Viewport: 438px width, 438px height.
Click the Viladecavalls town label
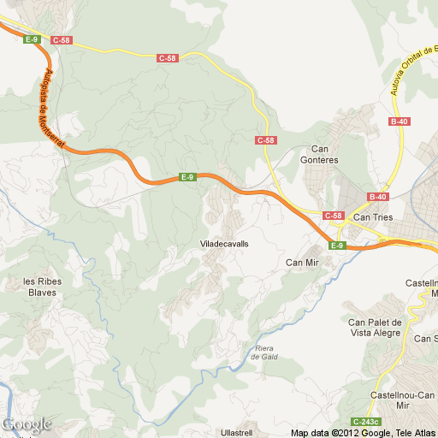(223, 244)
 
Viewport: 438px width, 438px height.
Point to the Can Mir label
(301, 262)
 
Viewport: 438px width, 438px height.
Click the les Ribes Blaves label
(40, 287)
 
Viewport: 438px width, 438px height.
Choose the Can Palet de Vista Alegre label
(374, 327)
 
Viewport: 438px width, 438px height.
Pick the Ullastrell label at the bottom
(237, 432)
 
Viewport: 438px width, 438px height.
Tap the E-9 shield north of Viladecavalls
(187, 177)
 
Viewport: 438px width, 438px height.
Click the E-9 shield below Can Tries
(337, 246)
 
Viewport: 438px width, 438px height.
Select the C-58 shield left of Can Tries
(333, 216)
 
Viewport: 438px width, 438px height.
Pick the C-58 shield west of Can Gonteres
(266, 139)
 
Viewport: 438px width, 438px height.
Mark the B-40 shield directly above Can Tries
(378, 197)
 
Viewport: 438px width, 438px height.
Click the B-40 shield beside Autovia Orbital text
(399, 122)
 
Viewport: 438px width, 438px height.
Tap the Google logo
(27, 424)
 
